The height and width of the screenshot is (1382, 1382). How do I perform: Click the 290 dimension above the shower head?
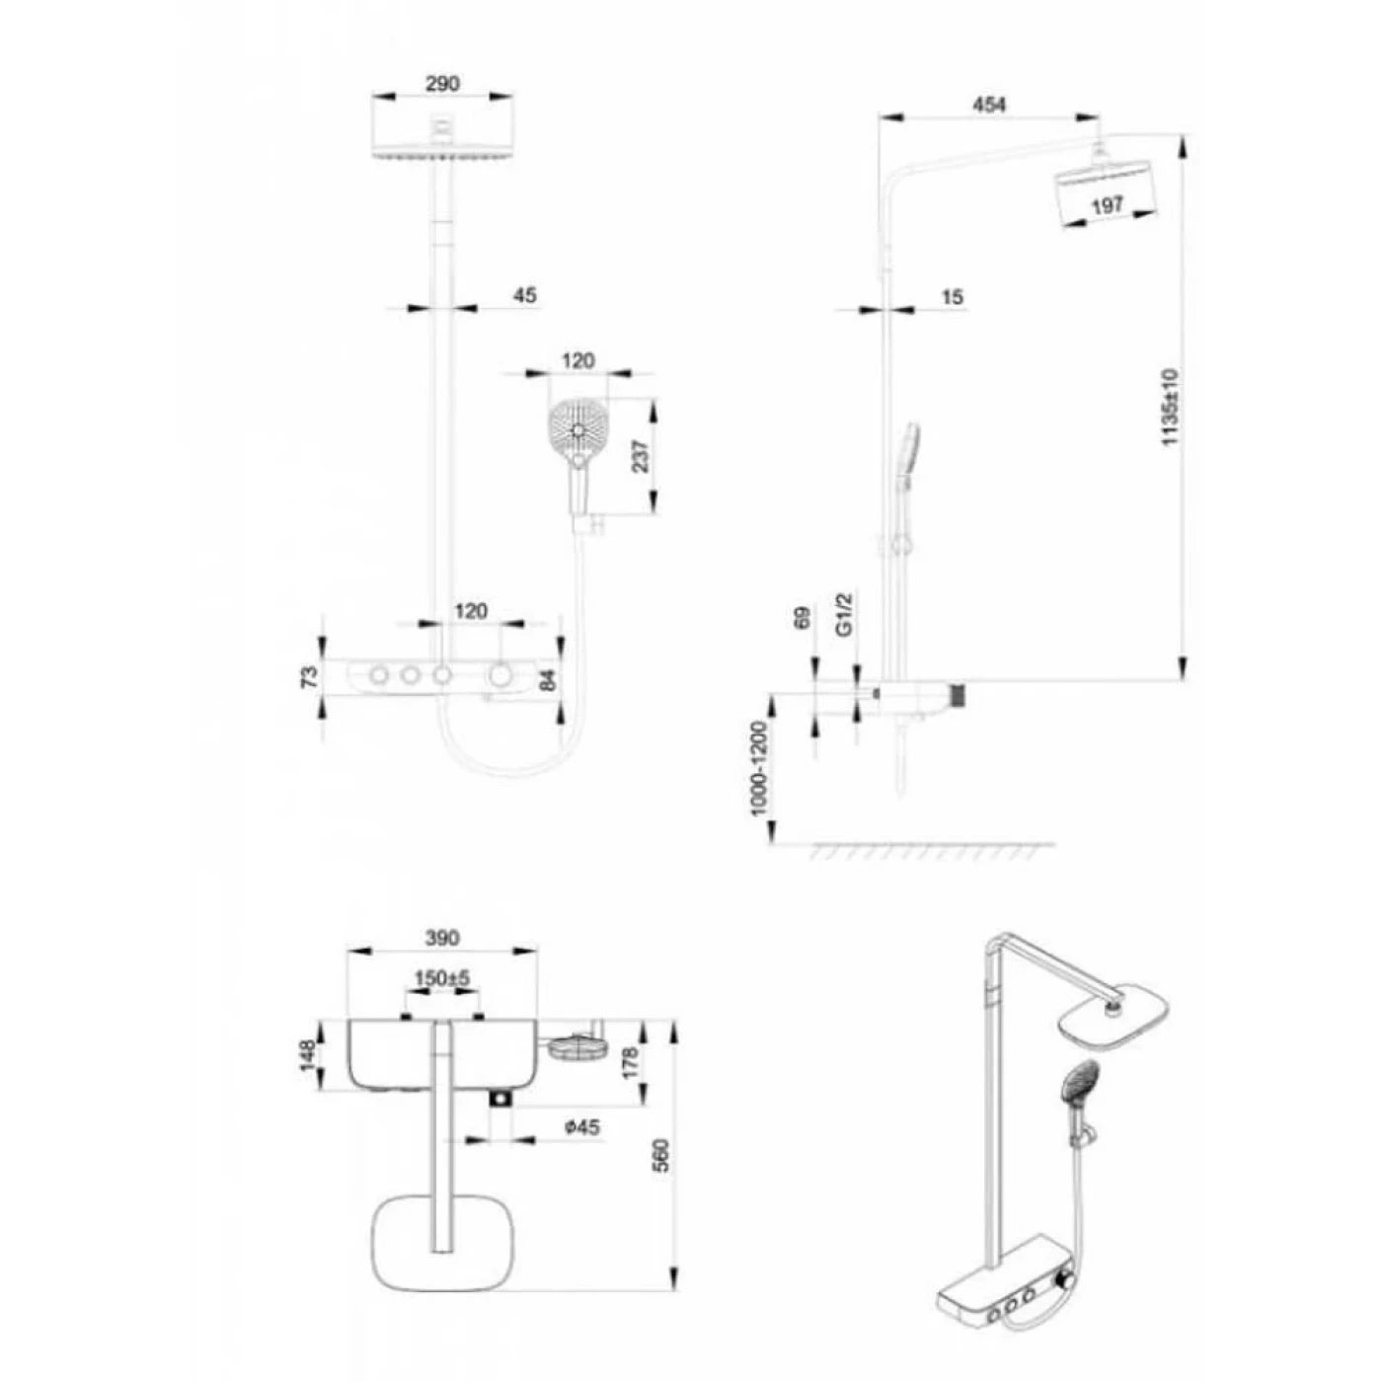pyautogui.click(x=442, y=84)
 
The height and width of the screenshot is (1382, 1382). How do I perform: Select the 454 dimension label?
pyautogui.click(x=989, y=105)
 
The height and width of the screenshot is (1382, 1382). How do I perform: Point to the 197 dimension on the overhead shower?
pyautogui.click(x=1107, y=207)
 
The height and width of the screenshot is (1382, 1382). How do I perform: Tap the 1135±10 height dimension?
pyautogui.click(x=1170, y=407)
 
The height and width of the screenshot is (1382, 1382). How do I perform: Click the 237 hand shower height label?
pyautogui.click(x=641, y=455)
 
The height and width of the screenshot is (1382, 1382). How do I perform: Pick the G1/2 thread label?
pyautogui.click(x=846, y=615)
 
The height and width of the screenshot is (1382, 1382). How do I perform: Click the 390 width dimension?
pyautogui.click(x=442, y=938)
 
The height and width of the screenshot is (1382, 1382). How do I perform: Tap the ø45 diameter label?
pyautogui.click(x=581, y=1128)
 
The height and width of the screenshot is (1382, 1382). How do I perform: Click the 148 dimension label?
pyautogui.click(x=308, y=1056)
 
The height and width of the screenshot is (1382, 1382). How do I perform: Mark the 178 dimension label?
pyautogui.click(x=631, y=1063)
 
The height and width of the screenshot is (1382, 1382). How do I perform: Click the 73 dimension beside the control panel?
pyautogui.click(x=308, y=676)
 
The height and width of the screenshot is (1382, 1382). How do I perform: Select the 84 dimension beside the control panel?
pyautogui.click(x=549, y=679)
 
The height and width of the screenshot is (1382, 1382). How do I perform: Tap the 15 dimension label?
pyautogui.click(x=952, y=297)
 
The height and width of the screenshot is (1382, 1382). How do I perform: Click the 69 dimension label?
pyautogui.click(x=803, y=618)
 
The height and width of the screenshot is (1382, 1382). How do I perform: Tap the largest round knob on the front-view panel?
pyautogui.click(x=500, y=675)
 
